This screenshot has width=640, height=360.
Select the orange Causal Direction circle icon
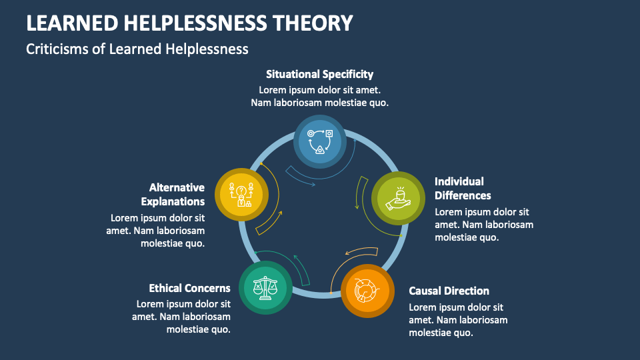(x=367, y=290)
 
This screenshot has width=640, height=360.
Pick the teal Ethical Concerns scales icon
(x=265, y=287)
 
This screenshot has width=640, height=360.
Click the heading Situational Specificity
(x=319, y=74)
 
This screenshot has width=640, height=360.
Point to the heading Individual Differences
(x=463, y=188)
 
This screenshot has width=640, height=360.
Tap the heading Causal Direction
(x=449, y=291)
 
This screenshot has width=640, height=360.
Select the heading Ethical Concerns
(x=190, y=288)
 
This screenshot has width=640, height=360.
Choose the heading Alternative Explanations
(x=177, y=194)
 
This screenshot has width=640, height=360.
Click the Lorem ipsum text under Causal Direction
(x=458, y=320)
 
